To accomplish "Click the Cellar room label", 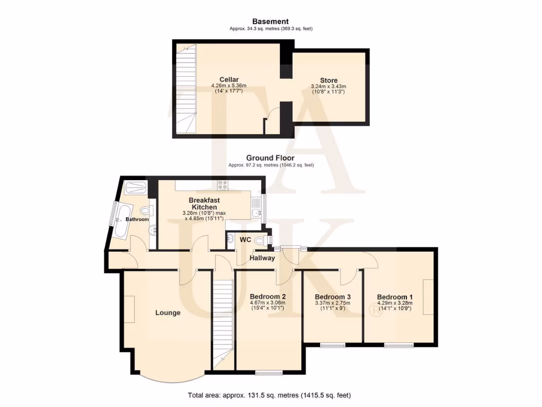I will [x=229, y=80].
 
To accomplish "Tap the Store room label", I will [x=329, y=81].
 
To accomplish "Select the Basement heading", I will [x=270, y=21].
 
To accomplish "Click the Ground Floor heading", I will [x=270, y=158].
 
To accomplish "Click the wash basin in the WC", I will [x=231, y=240].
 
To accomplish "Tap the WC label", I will [x=245, y=240].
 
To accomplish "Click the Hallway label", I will [x=263, y=258].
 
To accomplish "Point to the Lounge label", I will [x=168, y=313].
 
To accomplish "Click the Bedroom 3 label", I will [x=333, y=297].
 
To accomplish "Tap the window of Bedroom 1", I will [x=399, y=346].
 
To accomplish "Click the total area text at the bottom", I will [x=269, y=395].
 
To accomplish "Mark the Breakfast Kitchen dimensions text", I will [x=204, y=217].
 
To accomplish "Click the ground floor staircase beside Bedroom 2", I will [x=223, y=323].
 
